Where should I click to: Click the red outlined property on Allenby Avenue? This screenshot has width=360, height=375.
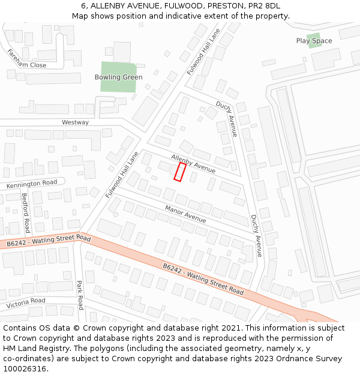coord(179,172)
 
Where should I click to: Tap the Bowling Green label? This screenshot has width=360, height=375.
coord(119,77)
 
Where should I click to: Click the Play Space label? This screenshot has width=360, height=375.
coord(314,41)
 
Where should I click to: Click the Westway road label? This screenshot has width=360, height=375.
coord(76,122)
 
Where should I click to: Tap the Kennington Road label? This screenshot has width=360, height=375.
coord(32,184)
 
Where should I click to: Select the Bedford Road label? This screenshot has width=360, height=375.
coord(25,212)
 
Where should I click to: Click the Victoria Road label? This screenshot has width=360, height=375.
coord(26,303)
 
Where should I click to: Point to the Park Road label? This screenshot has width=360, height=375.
coord(80,295)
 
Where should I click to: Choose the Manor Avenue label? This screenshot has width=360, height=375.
coord(186,214)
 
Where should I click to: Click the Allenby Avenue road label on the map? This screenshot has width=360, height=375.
coord(193,164)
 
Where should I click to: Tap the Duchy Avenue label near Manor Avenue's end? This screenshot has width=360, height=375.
coord(256,236)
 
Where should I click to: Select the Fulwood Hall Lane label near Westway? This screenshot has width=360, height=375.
coord(122,175)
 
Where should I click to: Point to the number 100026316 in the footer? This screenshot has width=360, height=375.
coord(23,368)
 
